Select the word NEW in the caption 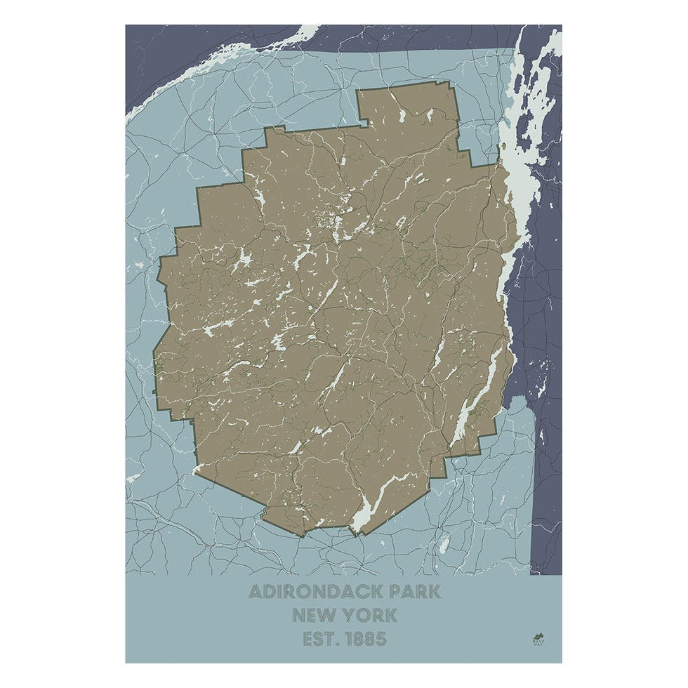point(314,616)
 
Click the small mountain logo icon point(538,635)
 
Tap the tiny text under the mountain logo point(538,643)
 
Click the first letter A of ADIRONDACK point(256,592)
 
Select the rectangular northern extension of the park point(407,109)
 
